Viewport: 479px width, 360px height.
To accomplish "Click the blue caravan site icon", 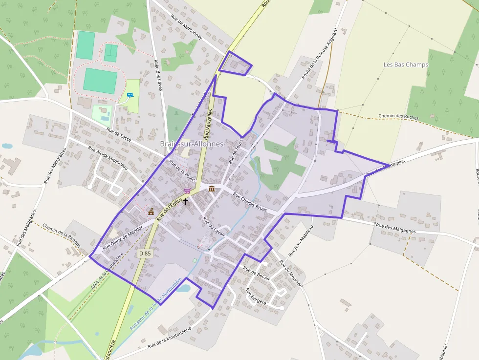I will coord(130,95).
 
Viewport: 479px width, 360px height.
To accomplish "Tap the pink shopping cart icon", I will coord(187,191).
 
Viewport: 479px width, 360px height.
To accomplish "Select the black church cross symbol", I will coord(186,201).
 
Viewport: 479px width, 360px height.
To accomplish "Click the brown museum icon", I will coord(211,189).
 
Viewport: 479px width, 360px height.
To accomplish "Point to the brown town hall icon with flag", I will coord(151,212).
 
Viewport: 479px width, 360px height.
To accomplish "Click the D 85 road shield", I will coord(145,254).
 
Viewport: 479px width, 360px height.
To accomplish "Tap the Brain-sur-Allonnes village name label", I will coord(192,144).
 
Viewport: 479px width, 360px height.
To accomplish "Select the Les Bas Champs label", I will coord(406,64).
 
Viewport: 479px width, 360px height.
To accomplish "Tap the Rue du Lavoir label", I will coord(214,226).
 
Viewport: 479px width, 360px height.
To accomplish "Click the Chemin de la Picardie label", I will coord(62,235).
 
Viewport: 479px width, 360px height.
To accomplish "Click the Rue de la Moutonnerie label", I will coord(167,339).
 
